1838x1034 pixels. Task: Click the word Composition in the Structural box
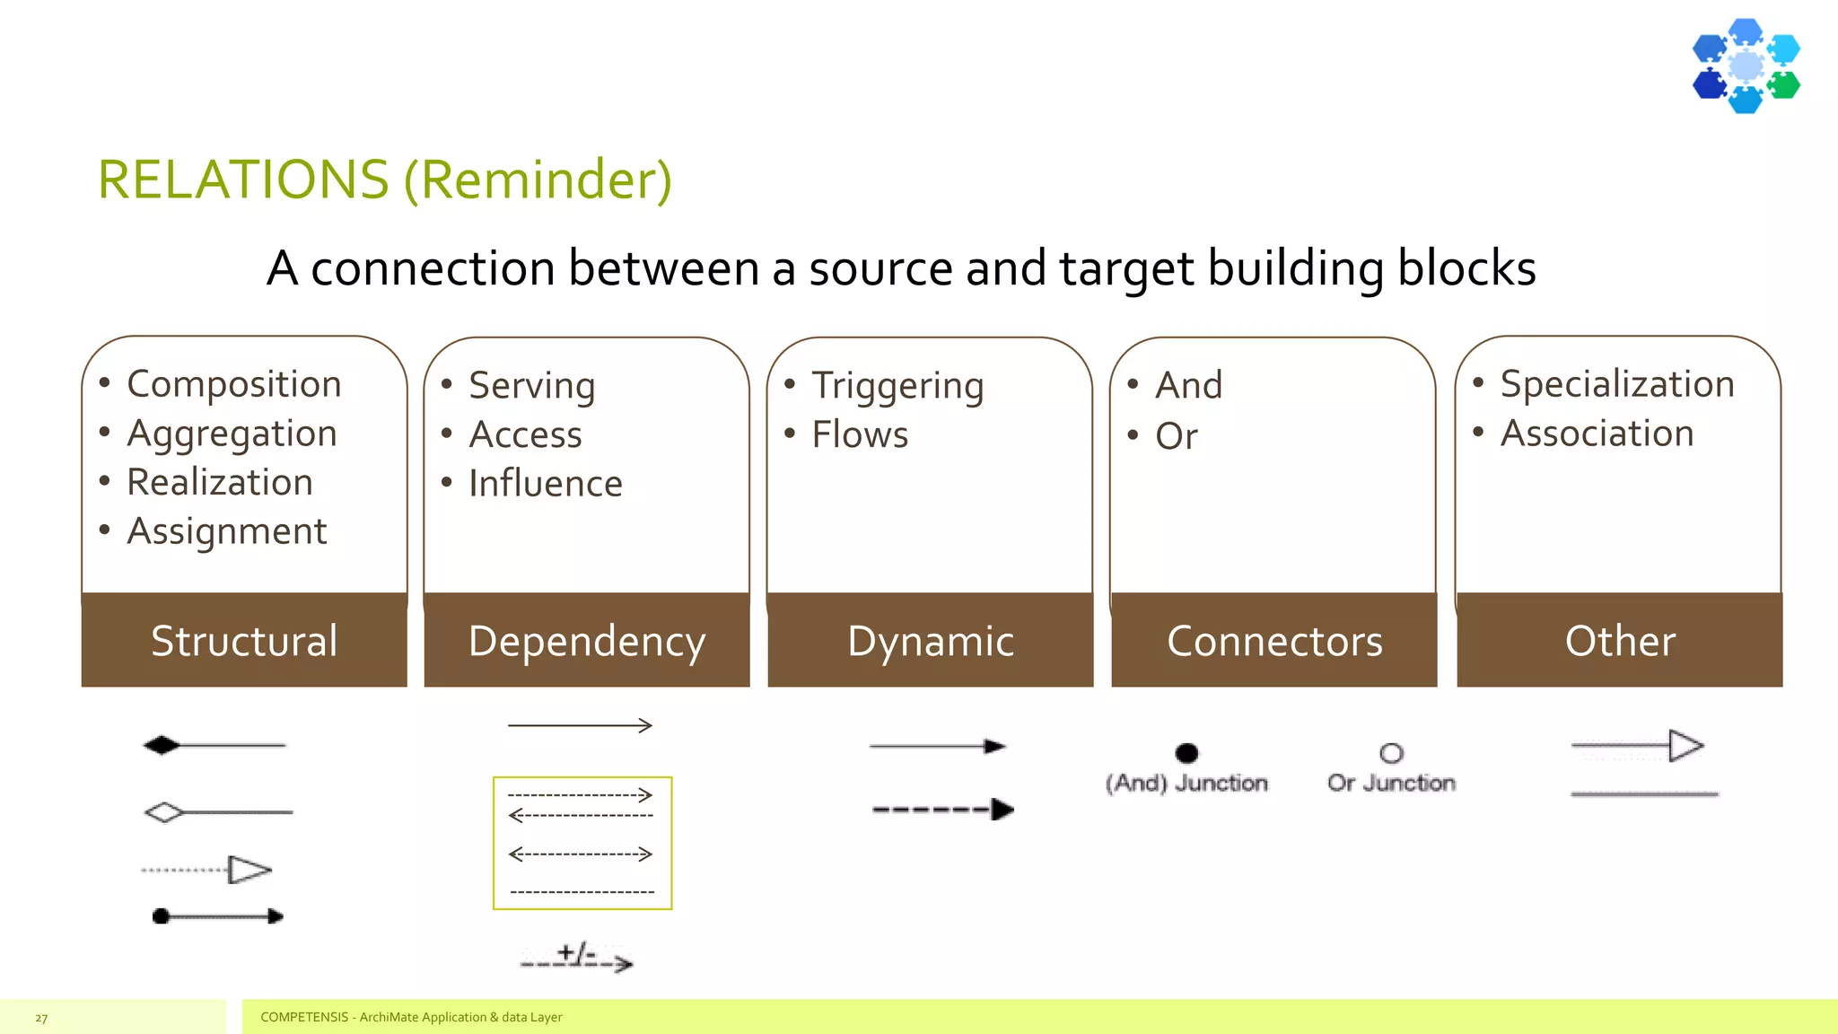click(233, 384)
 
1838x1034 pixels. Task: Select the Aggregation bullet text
click(232, 434)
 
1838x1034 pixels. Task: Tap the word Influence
click(545, 484)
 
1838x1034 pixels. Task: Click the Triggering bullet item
click(897, 386)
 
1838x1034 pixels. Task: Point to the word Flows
click(859, 435)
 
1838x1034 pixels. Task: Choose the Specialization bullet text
click(1616, 384)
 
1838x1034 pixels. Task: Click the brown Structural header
click(244, 641)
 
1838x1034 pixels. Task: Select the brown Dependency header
click(587, 641)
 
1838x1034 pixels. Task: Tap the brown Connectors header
click(1273, 641)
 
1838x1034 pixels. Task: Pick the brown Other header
click(1619, 641)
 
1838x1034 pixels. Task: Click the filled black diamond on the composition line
click(162, 745)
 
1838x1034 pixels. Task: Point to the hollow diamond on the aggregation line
click(164, 813)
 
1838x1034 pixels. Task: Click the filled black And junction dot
click(1186, 753)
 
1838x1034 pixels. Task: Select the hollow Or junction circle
click(1391, 753)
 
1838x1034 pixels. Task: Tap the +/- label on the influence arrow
click(575, 952)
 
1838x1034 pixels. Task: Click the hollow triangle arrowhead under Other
click(1685, 746)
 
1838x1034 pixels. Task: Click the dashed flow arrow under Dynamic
click(942, 810)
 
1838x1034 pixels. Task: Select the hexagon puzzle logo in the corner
click(1746, 66)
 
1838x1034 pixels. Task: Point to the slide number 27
click(41, 1018)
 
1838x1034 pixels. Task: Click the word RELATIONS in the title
click(243, 180)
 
